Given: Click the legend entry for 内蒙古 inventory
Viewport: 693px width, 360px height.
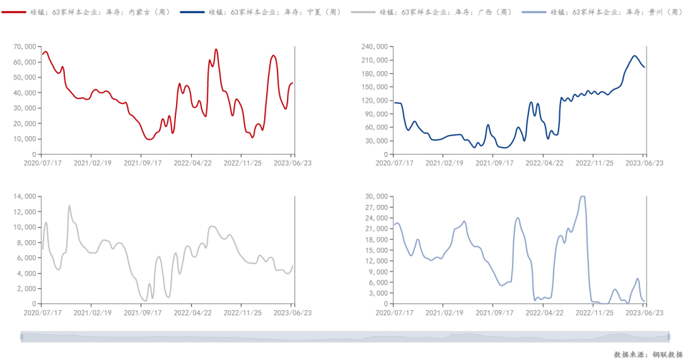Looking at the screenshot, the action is (x=86, y=13).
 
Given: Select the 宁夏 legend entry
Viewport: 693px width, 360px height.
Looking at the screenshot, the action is (x=261, y=13).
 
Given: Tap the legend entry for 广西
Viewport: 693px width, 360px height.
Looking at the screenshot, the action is (x=432, y=13).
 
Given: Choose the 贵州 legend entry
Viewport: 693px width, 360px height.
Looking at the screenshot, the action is (x=603, y=13).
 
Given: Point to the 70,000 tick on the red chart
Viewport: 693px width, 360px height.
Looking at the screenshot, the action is (x=25, y=47).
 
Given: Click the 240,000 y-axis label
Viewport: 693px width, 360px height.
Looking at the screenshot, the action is (x=375, y=47).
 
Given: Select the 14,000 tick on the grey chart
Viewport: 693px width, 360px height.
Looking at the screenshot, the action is (x=25, y=197).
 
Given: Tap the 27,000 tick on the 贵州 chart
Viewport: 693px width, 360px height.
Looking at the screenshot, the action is (x=376, y=207).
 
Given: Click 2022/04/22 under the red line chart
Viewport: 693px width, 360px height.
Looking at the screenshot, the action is (x=192, y=163).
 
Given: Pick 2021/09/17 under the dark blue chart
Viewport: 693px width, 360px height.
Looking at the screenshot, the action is (x=494, y=163).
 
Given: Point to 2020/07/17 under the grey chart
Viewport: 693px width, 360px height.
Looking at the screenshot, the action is (x=42, y=313).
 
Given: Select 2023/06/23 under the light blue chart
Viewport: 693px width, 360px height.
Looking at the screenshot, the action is (x=644, y=313).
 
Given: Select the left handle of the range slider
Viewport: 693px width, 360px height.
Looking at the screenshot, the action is (x=21, y=337).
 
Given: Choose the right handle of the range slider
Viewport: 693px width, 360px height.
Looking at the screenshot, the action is (x=668, y=337).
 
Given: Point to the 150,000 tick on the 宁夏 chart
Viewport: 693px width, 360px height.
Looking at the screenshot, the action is (x=375, y=87).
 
